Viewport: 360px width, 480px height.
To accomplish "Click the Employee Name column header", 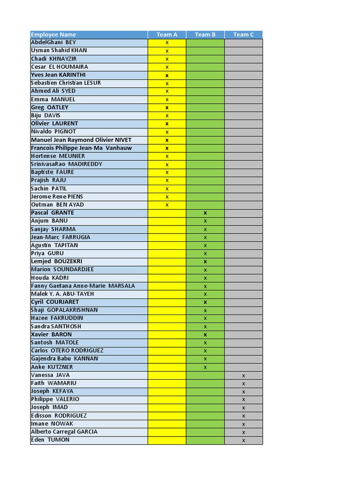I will coord(53,35).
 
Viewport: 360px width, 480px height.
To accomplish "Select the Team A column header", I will coord(167,35).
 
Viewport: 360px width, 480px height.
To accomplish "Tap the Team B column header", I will coord(205,35).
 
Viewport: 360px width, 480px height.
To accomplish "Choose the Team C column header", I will coord(244,35).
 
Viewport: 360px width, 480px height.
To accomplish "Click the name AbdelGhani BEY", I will coord(53,43).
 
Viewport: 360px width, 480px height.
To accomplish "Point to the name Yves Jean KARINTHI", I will coord(58,75).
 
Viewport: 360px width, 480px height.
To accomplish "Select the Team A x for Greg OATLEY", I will coord(167,107).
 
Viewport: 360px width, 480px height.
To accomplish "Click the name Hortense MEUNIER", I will coord(58,156).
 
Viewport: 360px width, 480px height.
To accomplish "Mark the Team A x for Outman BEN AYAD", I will coord(167,205).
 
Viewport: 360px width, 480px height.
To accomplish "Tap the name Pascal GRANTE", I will coord(52,213).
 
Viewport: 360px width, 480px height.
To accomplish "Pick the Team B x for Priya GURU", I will coord(205,254).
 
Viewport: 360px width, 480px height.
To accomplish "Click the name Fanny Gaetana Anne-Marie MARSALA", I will coord(83,286).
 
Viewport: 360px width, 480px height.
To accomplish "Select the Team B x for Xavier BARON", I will coord(205,335).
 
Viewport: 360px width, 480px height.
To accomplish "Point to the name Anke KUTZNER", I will coord(52,367).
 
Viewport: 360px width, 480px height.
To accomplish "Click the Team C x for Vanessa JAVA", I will coord(244,375).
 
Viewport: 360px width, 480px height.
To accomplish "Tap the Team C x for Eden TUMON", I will coord(244,440).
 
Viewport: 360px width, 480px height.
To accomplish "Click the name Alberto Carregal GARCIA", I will coord(64,432).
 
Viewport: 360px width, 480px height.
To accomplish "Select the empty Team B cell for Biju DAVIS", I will coord(205,115).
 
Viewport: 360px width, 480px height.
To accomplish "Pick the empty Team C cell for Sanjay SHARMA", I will coord(244,229).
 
